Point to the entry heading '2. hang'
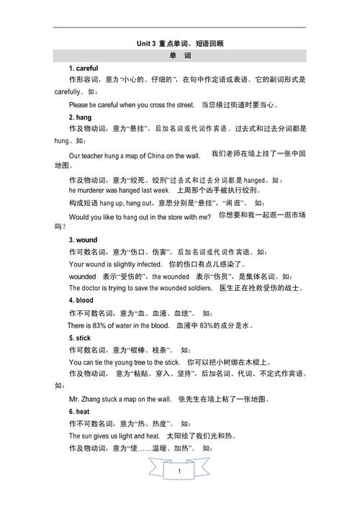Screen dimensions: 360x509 pyautogui.click(x=80, y=117)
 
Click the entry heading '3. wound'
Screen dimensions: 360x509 pyautogui.click(x=84, y=240)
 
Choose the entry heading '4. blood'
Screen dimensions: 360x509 pyautogui.click(x=83, y=300)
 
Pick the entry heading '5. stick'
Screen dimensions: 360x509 pyautogui.click(x=81, y=338)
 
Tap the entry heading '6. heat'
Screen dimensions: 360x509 pyautogui.click(x=80, y=411)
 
